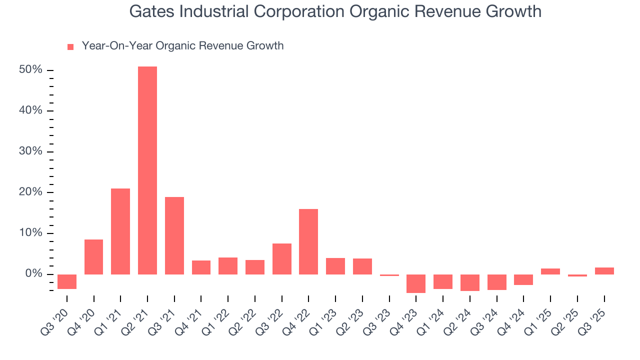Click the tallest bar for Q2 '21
(x=147, y=170)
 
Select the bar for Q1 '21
(x=120, y=231)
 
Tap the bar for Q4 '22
(x=308, y=241)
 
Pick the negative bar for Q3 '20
(x=67, y=281)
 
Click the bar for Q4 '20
(x=93, y=256)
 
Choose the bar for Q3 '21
(x=174, y=235)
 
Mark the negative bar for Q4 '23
(x=416, y=283)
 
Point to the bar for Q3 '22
(x=282, y=258)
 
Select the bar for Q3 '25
(x=604, y=271)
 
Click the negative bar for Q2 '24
(x=470, y=282)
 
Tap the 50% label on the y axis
(x=30, y=70)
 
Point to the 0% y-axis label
(x=33, y=274)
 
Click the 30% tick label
(x=30, y=151)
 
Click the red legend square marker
(x=70, y=46)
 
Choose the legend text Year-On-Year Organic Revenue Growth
(x=182, y=46)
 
